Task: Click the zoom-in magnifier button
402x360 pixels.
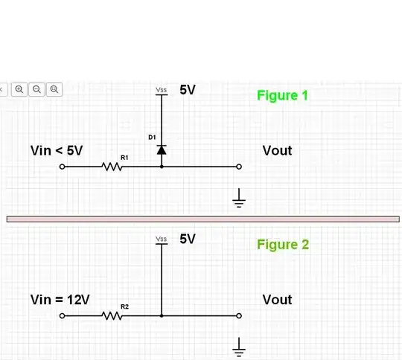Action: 19,89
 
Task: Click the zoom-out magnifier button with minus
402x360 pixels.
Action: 36,89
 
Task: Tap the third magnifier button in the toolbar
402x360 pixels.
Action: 54,89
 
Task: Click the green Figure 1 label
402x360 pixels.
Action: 282,95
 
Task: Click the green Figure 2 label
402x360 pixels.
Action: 283,244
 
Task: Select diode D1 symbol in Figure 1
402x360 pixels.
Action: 162,150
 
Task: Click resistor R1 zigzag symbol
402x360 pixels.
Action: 112,167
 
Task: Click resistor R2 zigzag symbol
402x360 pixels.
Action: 112,315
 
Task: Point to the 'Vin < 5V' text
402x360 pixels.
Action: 57,150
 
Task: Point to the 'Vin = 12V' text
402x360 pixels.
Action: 60,300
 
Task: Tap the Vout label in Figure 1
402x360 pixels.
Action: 277,150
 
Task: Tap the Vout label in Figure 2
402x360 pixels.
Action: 277,300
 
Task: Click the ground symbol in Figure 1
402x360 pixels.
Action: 239,198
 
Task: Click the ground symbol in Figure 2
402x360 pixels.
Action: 239,346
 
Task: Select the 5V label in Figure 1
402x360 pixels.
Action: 188,90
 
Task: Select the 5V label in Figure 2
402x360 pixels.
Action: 188,239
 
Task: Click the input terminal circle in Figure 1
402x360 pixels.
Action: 63,167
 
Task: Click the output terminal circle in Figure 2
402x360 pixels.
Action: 239,315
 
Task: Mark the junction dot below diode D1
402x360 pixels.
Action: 162,167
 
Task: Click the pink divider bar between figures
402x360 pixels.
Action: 201,219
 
